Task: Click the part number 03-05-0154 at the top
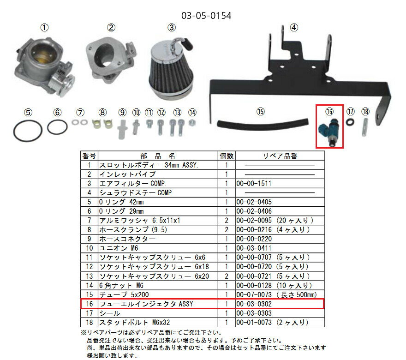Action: (206, 15)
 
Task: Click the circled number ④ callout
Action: (293, 27)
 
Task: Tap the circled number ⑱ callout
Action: (365, 112)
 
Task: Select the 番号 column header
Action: (89, 156)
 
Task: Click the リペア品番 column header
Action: (279, 156)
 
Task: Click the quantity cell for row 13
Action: (226, 276)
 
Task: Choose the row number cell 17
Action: (89, 313)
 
